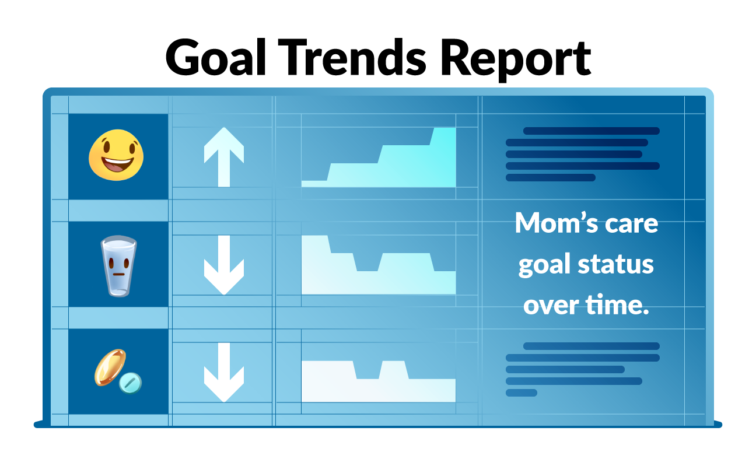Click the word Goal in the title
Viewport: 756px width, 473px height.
pyautogui.click(x=216, y=57)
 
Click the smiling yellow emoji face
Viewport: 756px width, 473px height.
pyautogui.click(x=116, y=155)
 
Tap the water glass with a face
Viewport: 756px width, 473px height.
pyautogui.click(x=118, y=266)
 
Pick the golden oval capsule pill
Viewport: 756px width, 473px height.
pyautogui.click(x=110, y=367)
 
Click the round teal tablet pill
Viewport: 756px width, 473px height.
pyautogui.click(x=130, y=383)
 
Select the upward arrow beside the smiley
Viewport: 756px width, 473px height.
pyautogui.click(x=224, y=157)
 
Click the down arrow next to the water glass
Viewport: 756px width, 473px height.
pyautogui.click(x=224, y=265)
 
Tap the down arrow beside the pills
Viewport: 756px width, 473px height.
pyautogui.click(x=224, y=373)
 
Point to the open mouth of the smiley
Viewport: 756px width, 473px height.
pyautogui.click(x=117, y=164)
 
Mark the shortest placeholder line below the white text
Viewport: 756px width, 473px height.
pyautogui.click(x=521, y=393)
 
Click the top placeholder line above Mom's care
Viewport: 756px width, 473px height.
pyautogui.click(x=591, y=131)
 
